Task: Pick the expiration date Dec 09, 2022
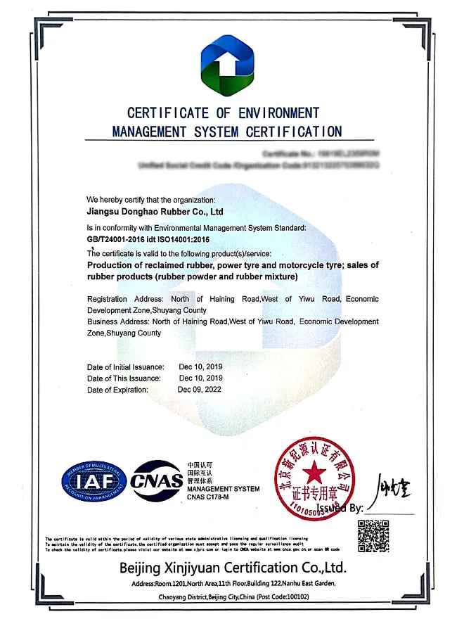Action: (200, 390)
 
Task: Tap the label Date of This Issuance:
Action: (124, 378)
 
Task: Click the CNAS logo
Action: (157, 480)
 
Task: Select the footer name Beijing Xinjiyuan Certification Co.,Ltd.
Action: (233, 568)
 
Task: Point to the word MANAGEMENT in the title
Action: (149, 132)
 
